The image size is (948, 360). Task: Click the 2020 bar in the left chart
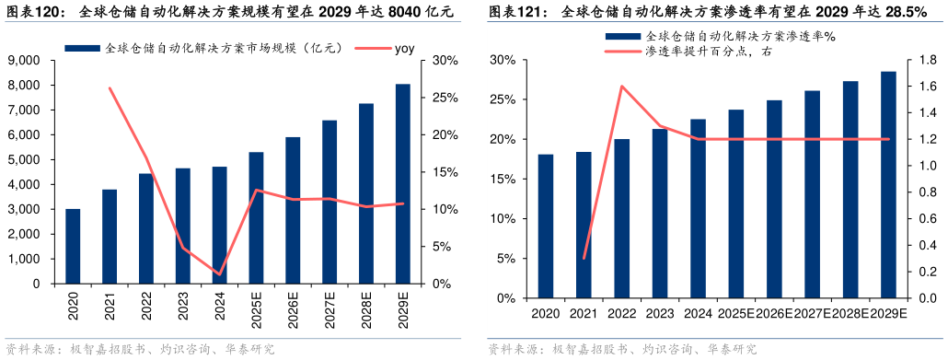pos(73,247)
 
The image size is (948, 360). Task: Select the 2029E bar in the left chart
pos(403,184)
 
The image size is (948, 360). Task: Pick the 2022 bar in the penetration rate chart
pos(622,219)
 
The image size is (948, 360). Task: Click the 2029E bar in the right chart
pos(888,185)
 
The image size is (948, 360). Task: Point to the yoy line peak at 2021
pos(110,88)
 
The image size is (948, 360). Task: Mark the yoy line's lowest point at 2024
pos(219,274)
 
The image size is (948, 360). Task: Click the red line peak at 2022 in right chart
pos(622,87)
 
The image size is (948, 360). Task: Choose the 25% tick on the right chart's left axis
pos(503,99)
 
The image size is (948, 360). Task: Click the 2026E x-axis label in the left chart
pos(294,308)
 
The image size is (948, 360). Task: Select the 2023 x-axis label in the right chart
pos(660,313)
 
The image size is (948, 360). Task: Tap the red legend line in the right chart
pos(622,52)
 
